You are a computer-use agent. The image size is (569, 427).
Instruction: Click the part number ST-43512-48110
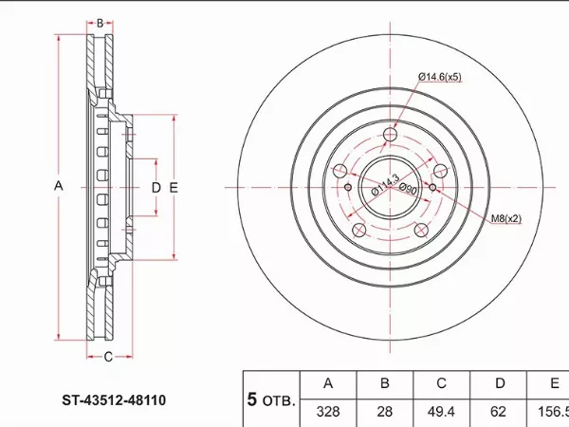point(114,400)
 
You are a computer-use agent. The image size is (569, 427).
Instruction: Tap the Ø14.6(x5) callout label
point(440,77)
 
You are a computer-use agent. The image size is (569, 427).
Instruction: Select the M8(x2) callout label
point(506,218)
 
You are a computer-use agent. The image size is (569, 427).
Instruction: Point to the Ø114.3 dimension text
point(385,184)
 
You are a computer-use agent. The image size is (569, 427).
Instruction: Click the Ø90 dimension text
point(408,189)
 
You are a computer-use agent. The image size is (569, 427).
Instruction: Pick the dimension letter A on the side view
point(59,186)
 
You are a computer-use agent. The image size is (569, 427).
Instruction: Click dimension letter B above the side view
point(100,23)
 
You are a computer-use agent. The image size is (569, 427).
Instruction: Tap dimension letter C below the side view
point(108,357)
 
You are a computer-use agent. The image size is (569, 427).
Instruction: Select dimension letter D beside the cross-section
point(156,188)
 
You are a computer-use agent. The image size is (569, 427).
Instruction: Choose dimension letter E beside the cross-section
point(174,188)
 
